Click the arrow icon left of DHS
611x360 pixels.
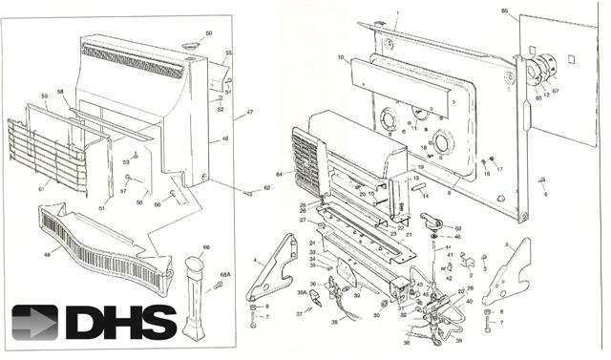tap(35, 323)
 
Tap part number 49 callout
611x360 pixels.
tap(47, 254)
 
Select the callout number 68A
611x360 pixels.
tap(226, 274)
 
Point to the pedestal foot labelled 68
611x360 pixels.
tap(198, 296)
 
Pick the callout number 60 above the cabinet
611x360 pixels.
tap(209, 33)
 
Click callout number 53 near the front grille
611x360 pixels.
tap(44, 96)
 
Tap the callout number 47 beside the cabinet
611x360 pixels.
tap(250, 113)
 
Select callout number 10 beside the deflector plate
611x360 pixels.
tap(340, 58)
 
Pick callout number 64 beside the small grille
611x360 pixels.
tap(280, 174)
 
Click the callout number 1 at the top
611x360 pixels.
tap(395, 12)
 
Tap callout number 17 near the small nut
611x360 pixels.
tap(498, 169)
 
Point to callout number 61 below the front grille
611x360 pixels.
tap(41, 189)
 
